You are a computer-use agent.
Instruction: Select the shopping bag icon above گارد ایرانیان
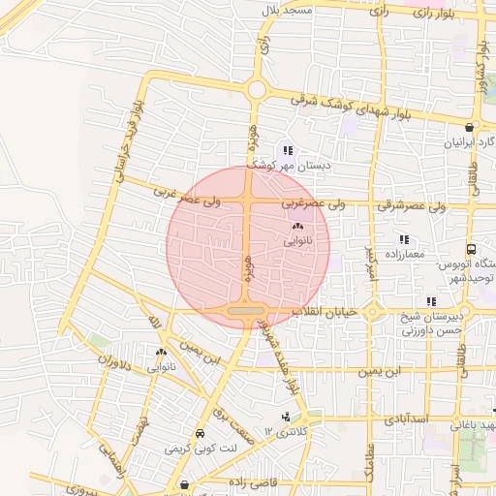click(x=470, y=127)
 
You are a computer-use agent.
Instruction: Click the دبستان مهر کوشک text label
click(x=298, y=166)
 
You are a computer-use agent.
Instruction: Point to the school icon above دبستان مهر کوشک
click(x=288, y=150)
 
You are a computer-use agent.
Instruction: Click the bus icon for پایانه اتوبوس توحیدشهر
click(x=471, y=249)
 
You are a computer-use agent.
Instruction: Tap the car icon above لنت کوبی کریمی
click(x=200, y=434)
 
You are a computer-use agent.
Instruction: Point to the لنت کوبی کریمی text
click(x=201, y=449)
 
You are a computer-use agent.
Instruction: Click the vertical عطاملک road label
click(x=368, y=455)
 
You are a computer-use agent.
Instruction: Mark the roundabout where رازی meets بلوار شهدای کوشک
click(x=256, y=90)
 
